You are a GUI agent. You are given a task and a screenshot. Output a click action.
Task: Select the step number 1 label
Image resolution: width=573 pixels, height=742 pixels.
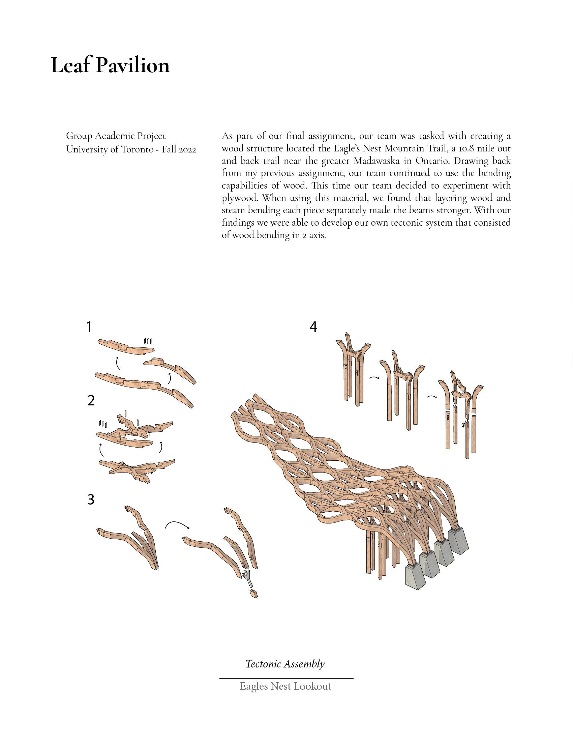click(x=89, y=327)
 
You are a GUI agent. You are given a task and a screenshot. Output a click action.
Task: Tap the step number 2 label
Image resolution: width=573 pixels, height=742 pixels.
click(x=91, y=401)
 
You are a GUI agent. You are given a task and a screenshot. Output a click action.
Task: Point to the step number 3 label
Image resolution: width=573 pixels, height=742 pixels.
click(x=91, y=500)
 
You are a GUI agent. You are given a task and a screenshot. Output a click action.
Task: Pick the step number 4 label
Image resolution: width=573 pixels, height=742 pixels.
click(x=313, y=327)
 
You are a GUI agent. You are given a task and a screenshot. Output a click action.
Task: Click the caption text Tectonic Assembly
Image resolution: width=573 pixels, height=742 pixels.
click(x=285, y=663)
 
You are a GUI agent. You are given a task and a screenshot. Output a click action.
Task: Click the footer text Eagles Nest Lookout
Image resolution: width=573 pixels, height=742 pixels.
click(x=285, y=686)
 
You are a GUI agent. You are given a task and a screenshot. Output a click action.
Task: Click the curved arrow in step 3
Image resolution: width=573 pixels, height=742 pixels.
click(x=177, y=524)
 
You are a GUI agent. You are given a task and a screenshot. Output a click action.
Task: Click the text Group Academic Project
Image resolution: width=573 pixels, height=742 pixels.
click(x=116, y=136)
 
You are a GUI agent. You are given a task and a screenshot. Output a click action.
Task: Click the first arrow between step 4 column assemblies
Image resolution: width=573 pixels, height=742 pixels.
click(x=374, y=377)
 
